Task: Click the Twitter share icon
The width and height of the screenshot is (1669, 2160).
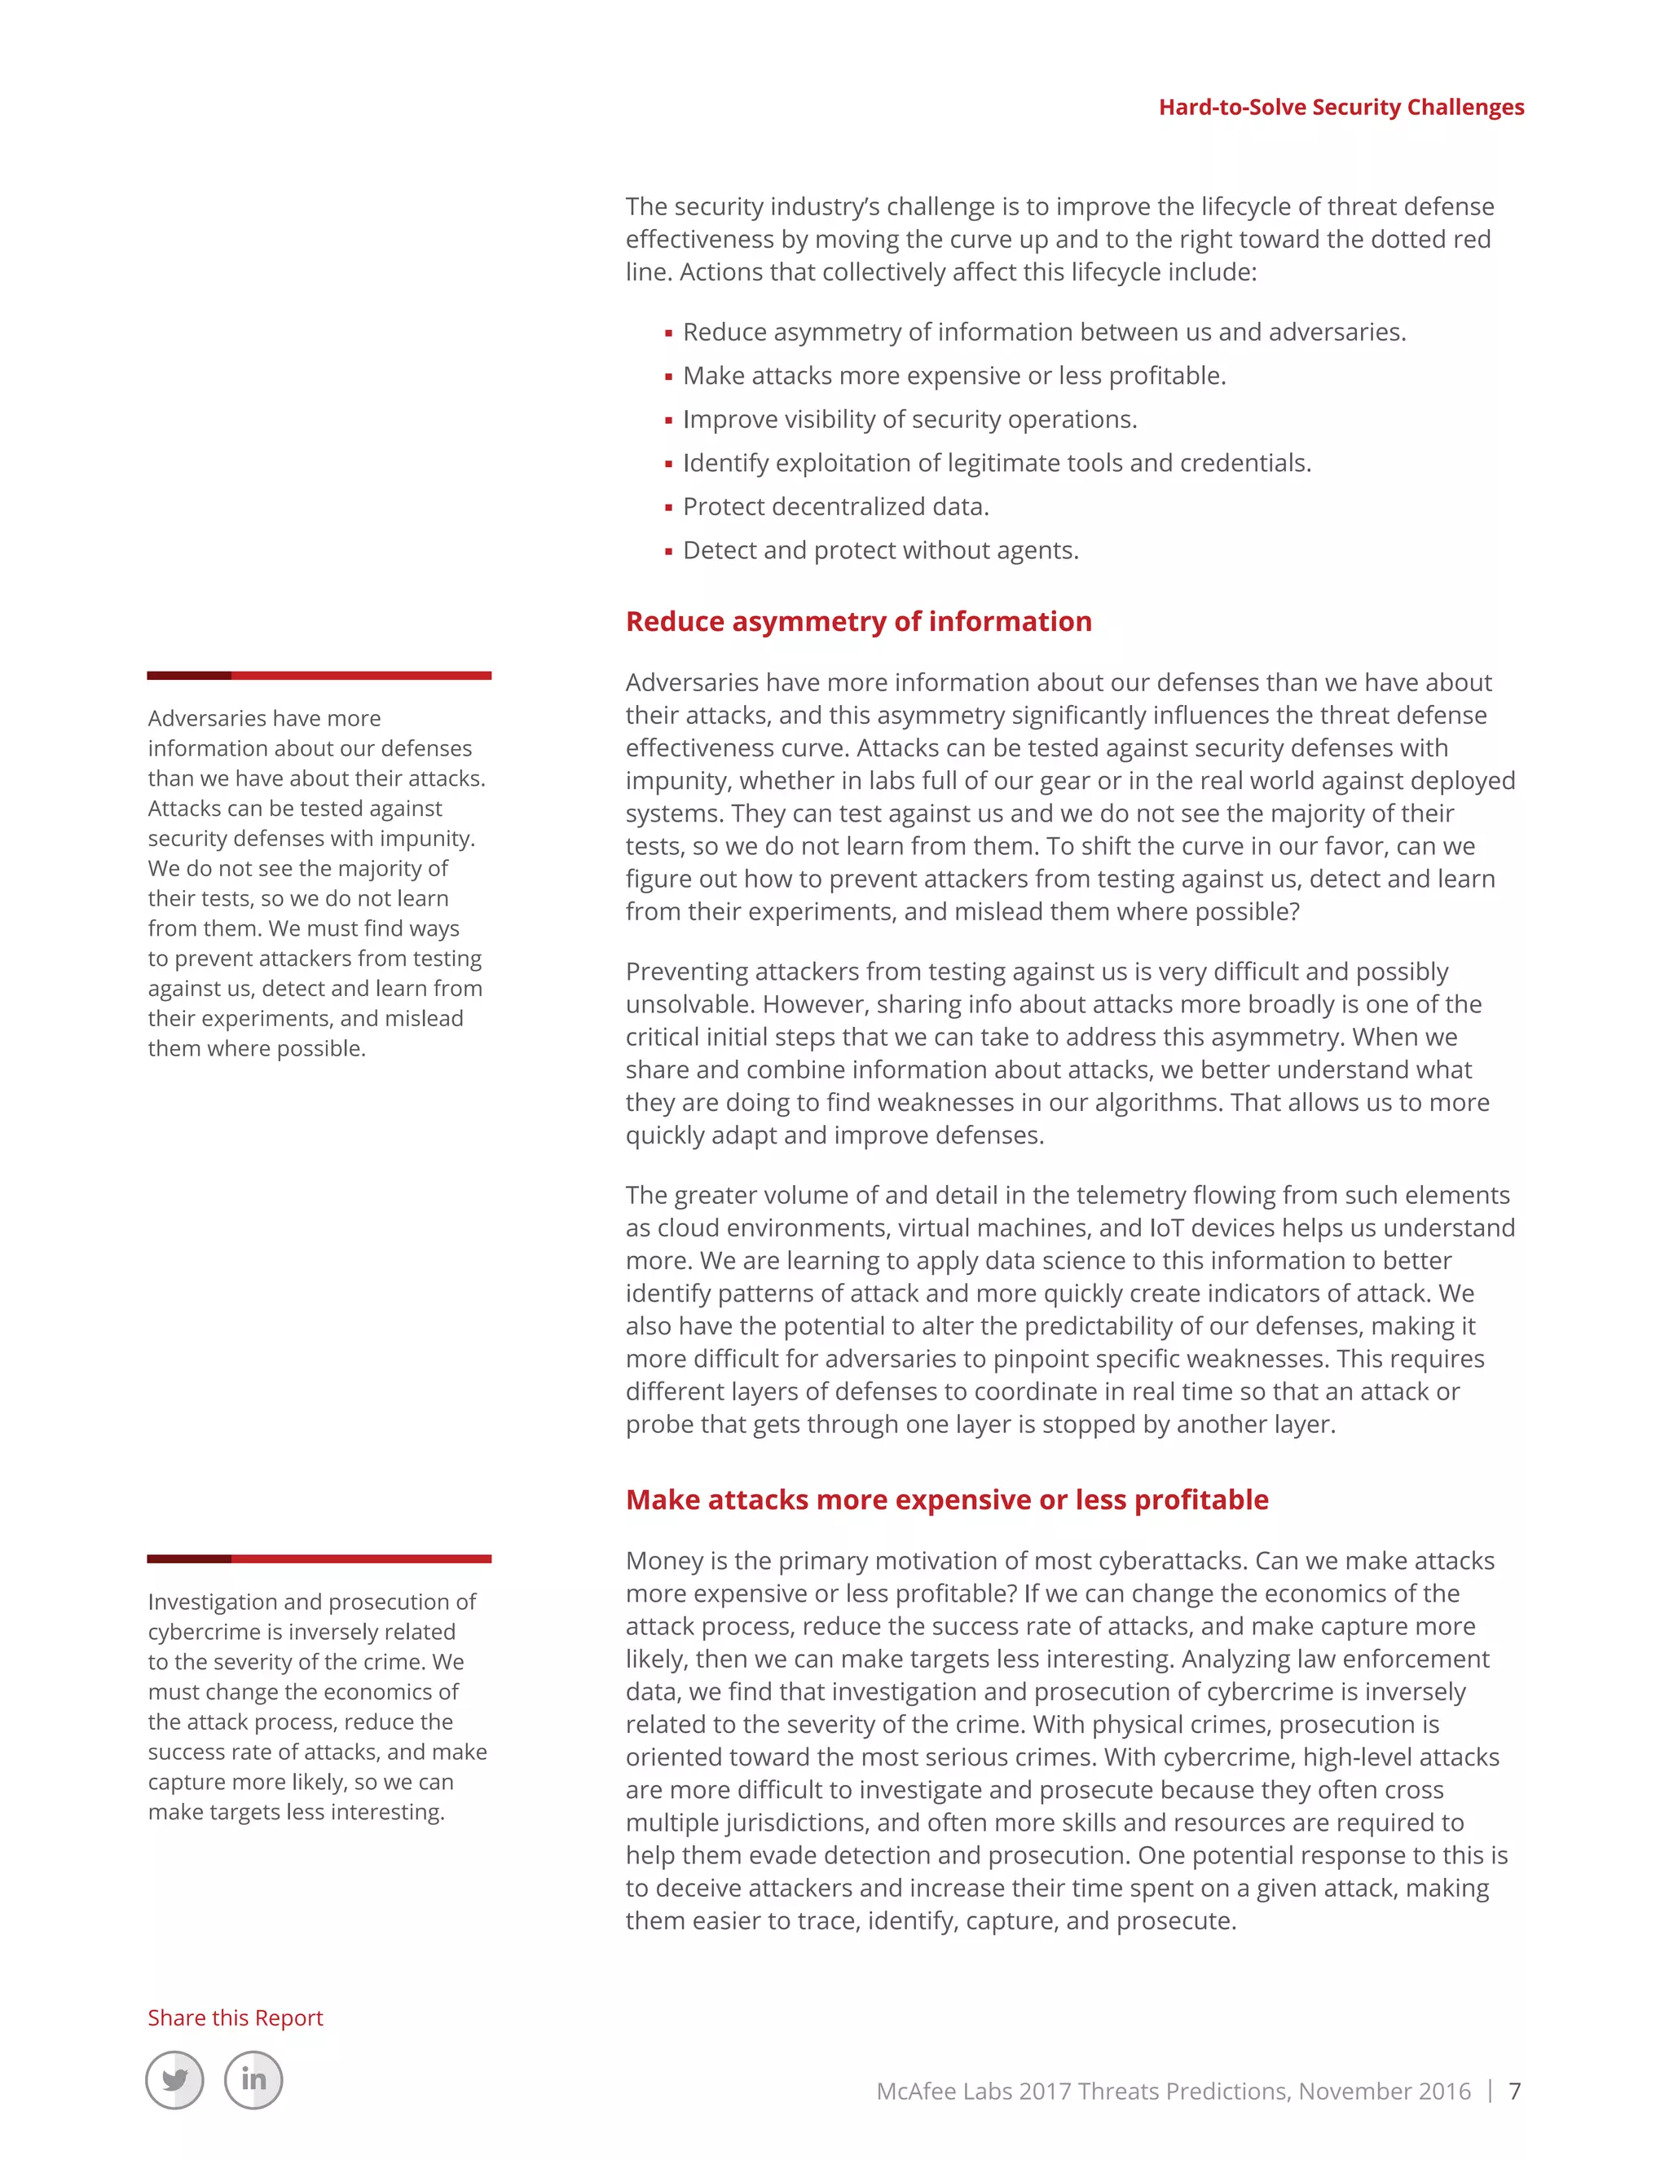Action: click(175, 2080)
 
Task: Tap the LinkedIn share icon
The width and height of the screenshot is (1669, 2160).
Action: click(253, 2080)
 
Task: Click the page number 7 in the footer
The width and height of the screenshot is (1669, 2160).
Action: click(1514, 2091)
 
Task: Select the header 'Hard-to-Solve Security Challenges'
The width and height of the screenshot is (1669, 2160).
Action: click(1341, 107)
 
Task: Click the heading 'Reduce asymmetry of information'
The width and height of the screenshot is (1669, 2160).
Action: click(858, 621)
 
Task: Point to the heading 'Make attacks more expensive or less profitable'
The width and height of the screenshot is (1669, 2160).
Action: click(946, 1499)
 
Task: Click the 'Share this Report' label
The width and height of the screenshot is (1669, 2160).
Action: click(236, 2017)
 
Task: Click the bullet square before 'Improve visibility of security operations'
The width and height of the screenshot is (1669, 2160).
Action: click(668, 421)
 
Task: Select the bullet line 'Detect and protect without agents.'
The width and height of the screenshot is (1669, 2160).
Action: click(880, 550)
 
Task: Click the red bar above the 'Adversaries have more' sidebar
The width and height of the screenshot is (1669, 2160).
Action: click(319, 676)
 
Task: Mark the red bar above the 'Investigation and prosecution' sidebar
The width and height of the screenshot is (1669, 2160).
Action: click(319, 1558)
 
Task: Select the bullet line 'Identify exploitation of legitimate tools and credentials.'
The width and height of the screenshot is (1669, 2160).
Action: click(997, 463)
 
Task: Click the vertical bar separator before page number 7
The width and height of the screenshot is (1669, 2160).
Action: click(1490, 2091)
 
